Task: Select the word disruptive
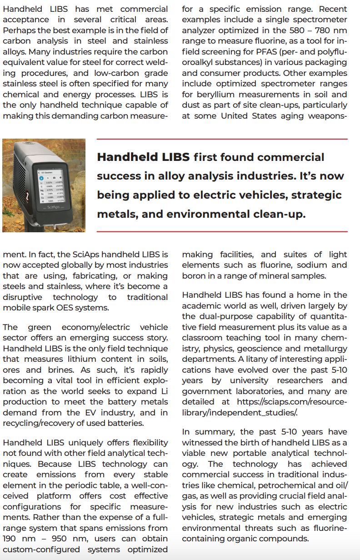point(23,297)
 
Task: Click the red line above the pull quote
point(222,139)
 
